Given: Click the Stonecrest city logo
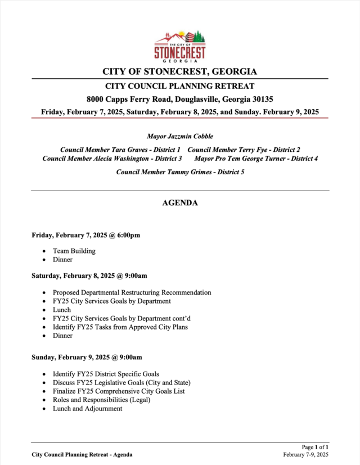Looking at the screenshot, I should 179,46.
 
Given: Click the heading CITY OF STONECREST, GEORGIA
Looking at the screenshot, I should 179,72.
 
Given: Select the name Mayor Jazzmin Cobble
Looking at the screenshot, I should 180,137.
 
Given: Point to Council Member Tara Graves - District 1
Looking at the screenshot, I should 120,150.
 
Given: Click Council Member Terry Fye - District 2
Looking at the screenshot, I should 244,150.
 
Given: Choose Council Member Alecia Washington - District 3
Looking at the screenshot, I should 112,159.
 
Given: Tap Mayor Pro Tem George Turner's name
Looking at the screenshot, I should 256,159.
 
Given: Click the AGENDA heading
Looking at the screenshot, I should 180,203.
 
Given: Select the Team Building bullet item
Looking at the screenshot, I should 74,251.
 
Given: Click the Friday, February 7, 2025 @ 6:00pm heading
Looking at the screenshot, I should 86,235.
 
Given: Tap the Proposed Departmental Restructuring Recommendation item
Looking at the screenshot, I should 132,292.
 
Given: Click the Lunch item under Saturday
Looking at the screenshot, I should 62,310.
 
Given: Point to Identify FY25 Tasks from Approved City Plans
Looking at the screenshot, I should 120,327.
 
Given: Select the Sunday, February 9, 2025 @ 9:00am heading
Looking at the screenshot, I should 87,357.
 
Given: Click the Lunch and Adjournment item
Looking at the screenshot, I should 87,409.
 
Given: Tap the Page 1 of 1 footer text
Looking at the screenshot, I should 315,446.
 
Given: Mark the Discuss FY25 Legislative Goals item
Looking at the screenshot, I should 121,383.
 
